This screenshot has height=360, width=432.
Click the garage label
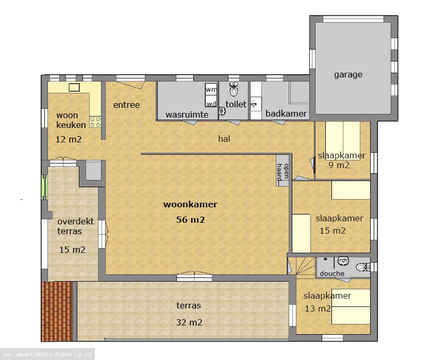click(x=348, y=75)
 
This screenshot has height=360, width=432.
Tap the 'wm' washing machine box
click(x=211, y=89)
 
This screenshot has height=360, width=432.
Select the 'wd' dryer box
click(x=211, y=101)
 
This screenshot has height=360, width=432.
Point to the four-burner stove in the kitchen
click(x=95, y=122)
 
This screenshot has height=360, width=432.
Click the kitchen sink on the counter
click(x=74, y=87)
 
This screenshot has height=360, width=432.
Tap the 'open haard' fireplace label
click(x=283, y=171)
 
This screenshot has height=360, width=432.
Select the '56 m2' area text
click(x=190, y=220)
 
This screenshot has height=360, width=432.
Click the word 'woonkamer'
click(x=190, y=204)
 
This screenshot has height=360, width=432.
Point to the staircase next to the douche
click(x=301, y=266)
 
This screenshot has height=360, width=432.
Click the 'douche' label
click(x=332, y=273)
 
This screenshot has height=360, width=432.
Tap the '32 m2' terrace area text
click(x=189, y=322)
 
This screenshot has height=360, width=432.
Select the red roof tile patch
click(x=57, y=311)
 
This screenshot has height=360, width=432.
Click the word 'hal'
click(x=224, y=139)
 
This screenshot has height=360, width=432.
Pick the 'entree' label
click(x=126, y=105)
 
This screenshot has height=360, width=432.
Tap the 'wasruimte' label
click(x=187, y=114)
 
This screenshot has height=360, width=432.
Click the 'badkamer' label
click(x=286, y=113)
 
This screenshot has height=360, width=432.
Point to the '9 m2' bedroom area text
click(x=339, y=165)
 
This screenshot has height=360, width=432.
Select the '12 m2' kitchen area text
click(x=69, y=139)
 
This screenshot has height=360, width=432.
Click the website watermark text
click(x=47, y=354)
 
